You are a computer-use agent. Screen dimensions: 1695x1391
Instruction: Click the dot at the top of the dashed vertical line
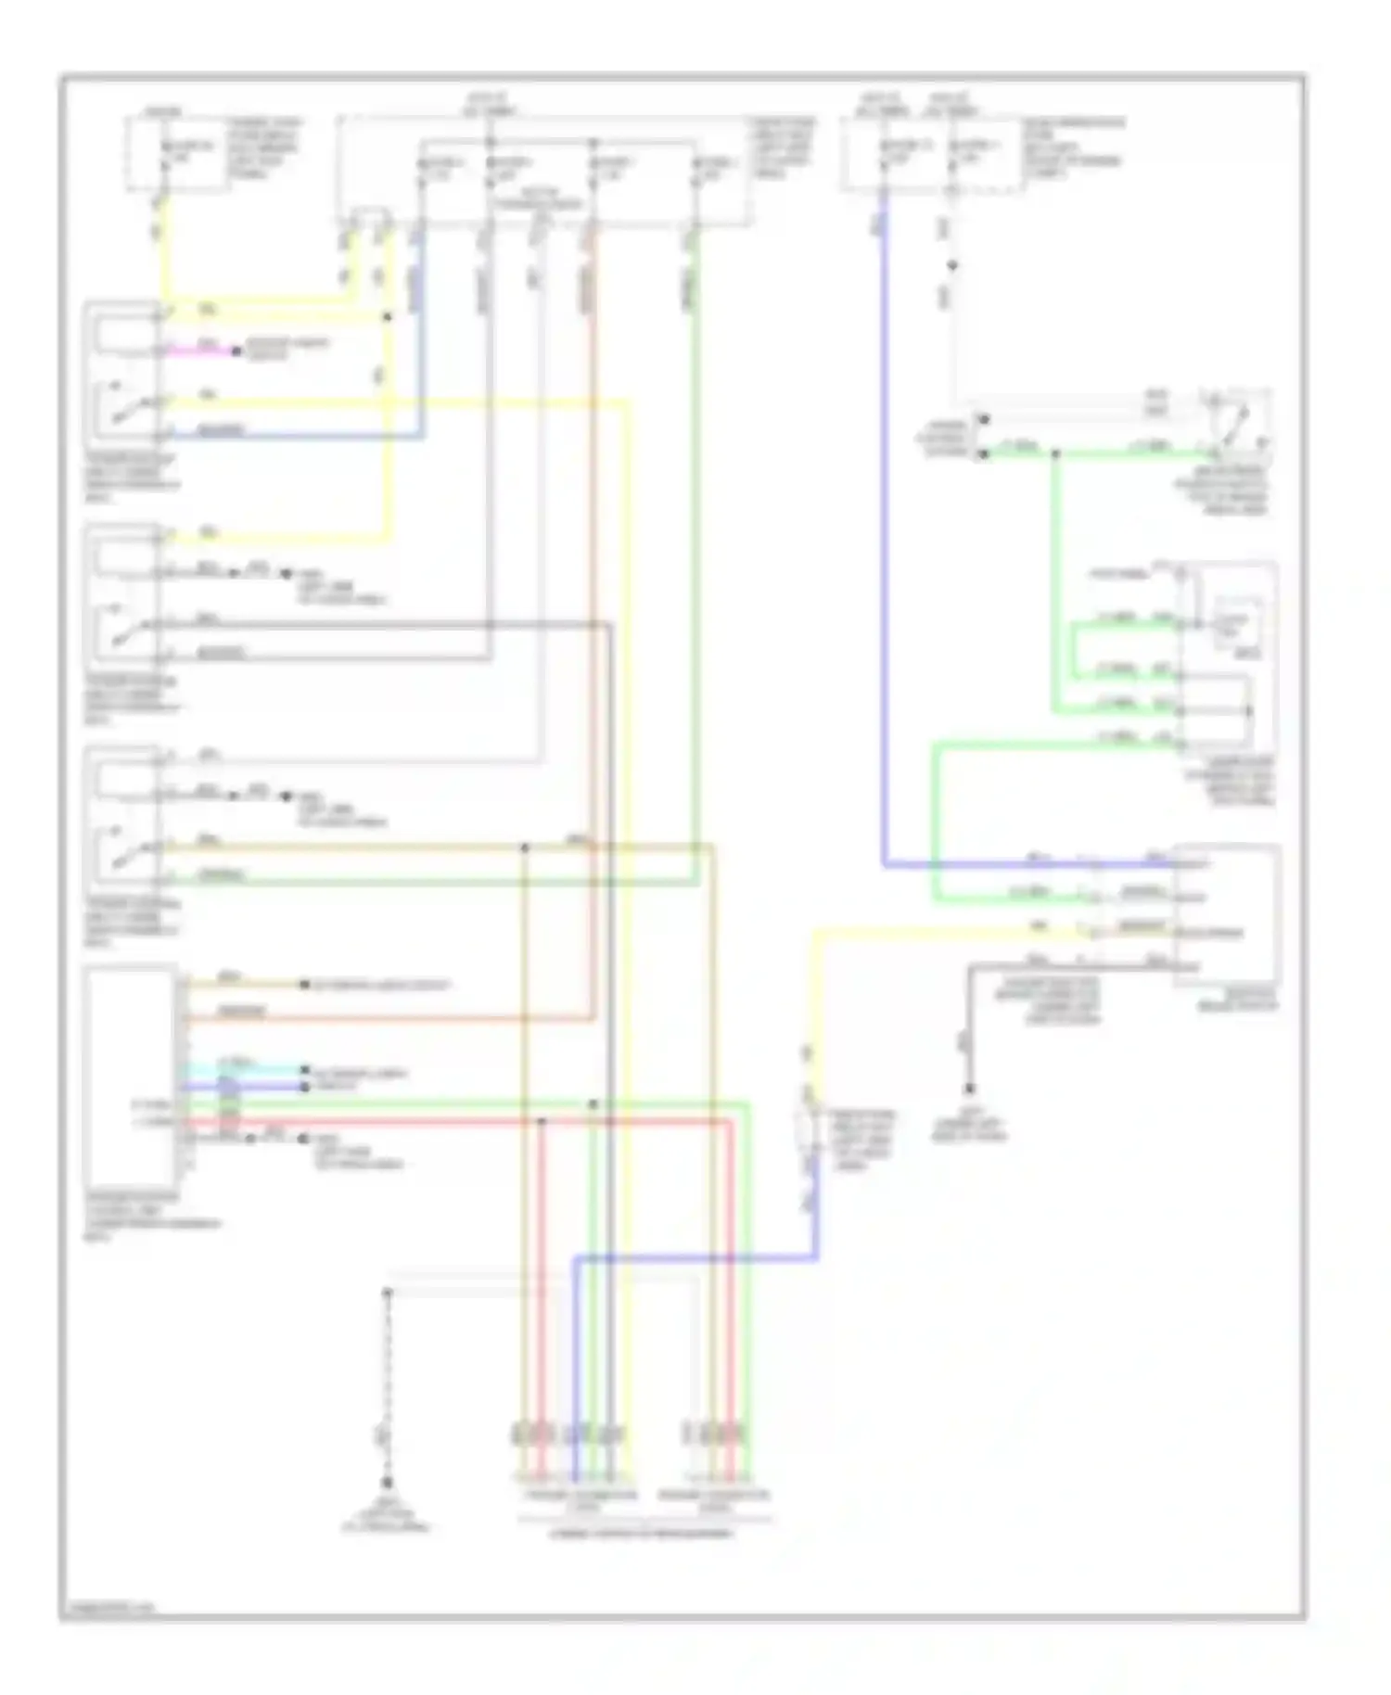[x=388, y=1292]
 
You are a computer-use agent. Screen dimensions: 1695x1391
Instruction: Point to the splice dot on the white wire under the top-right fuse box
[x=951, y=266]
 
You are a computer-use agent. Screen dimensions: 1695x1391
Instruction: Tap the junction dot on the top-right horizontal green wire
[x=1054, y=454]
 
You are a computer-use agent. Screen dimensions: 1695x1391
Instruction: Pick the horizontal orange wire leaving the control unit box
[x=389, y=1019]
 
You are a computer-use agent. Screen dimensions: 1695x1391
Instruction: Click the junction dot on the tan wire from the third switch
[x=525, y=847]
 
